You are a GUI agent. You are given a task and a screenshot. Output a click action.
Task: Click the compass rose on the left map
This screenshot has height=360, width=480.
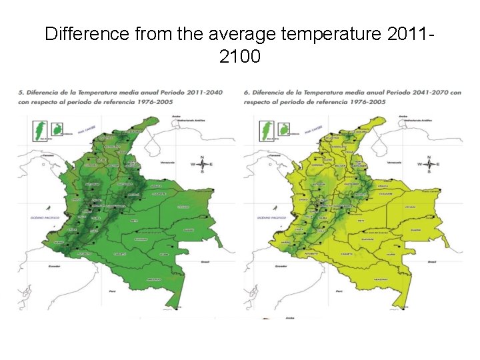click(x=201, y=163)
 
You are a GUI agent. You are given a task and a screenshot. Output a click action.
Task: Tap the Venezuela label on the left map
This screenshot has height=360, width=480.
click(x=165, y=163)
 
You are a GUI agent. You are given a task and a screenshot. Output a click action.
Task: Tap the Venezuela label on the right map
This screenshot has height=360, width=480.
click(x=393, y=163)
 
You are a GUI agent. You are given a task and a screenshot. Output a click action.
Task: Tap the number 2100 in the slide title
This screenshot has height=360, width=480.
click(x=239, y=57)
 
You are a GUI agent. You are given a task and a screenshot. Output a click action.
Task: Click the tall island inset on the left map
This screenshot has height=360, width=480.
click(x=40, y=131)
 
